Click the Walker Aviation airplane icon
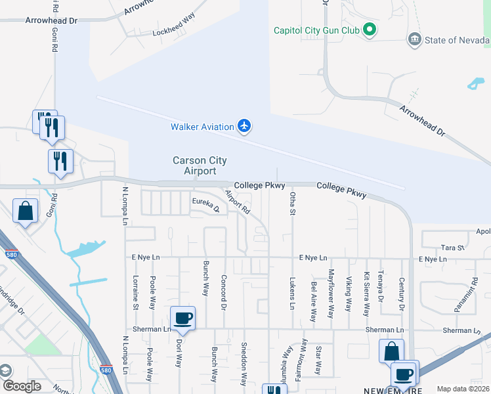244,125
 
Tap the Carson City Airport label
194,165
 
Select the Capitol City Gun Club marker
370,29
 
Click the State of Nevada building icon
414,39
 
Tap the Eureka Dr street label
205,205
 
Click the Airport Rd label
238,202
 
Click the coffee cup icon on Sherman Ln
183,318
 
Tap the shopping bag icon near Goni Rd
26,211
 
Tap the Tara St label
453,248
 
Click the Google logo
22,386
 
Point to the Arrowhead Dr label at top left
51,20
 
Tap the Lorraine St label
136,293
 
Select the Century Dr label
400,294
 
